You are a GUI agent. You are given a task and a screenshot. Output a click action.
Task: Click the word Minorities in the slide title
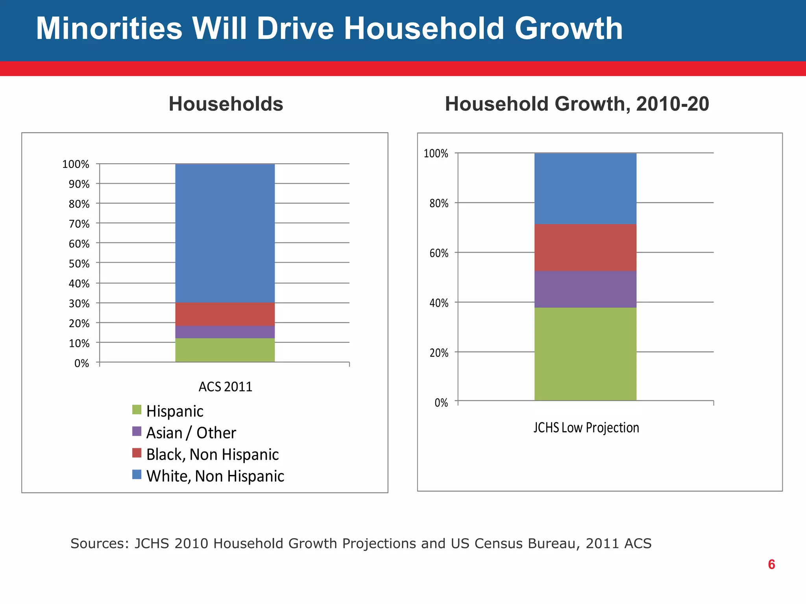tap(109, 29)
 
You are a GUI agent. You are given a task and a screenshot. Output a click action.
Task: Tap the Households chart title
tap(226, 104)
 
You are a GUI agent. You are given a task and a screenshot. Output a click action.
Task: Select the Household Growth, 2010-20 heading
tap(577, 104)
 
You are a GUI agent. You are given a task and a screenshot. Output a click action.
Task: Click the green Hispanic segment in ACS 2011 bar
tap(225, 350)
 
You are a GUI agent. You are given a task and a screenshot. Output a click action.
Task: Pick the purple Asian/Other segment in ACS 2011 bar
tap(225, 332)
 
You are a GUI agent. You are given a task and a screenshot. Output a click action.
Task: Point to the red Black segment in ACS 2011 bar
tap(225, 314)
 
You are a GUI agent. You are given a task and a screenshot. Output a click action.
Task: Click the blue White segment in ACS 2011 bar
tap(225, 233)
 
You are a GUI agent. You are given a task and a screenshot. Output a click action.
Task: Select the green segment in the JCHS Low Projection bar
tap(585, 354)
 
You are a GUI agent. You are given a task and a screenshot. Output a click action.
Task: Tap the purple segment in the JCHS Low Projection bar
tap(585, 289)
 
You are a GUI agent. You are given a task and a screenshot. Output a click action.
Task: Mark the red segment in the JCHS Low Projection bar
tap(585, 247)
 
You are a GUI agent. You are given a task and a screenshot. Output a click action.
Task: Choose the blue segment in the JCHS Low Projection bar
tap(585, 188)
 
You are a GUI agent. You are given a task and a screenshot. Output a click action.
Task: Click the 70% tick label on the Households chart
tap(79, 224)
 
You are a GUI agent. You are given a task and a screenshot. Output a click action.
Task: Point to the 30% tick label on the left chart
tap(79, 304)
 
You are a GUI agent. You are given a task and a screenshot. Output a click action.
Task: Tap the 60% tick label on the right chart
tap(439, 253)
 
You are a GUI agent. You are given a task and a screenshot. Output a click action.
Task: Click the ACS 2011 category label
tap(225, 387)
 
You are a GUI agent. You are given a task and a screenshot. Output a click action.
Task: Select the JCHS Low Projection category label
tap(586, 427)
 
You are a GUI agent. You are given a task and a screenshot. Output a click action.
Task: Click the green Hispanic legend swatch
tap(137, 410)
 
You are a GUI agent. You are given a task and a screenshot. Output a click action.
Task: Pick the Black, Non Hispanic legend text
tap(213, 455)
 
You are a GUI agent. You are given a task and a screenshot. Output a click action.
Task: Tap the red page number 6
tap(771, 564)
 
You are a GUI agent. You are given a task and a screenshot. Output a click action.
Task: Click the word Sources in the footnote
tap(99, 543)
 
